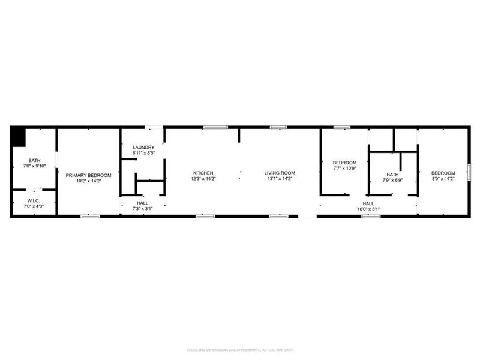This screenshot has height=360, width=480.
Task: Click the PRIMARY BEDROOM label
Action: [88, 174]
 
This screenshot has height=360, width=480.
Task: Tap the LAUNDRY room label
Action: [143, 148]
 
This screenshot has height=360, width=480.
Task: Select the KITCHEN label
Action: [203, 173]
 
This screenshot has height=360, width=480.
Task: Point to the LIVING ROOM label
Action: [280, 173]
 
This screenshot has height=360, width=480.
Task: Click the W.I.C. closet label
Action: [34, 200]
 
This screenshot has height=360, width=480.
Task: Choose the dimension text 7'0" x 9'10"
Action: [34, 166]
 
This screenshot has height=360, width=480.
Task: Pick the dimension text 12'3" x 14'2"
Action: [203, 179]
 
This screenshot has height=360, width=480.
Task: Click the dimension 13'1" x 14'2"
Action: [280, 179]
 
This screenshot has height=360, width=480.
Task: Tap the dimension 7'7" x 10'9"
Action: [344, 168]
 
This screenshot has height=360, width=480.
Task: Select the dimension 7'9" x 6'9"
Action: [393, 179]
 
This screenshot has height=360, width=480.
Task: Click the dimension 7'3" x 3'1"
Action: [143, 209]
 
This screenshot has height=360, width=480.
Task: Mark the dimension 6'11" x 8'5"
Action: [143, 154]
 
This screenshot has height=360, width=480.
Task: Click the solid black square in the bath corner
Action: [18, 136]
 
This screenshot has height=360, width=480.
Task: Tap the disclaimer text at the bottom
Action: [239, 350]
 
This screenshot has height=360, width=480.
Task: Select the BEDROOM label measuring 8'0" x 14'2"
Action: [443, 173]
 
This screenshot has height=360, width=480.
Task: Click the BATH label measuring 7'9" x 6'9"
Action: [393, 174]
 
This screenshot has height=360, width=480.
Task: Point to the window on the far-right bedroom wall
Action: [470, 172]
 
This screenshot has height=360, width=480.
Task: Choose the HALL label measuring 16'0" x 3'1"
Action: [368, 203]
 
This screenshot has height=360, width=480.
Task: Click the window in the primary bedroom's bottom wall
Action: [89, 216]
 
